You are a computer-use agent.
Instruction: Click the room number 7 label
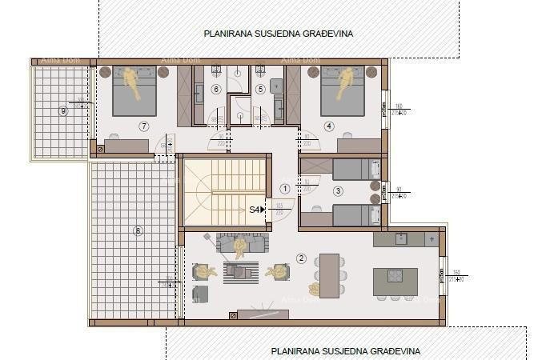pyautogui.click(x=143, y=126)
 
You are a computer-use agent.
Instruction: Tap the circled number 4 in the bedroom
pyautogui.click(x=328, y=126)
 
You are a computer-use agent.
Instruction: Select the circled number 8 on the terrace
pyautogui.click(x=138, y=231)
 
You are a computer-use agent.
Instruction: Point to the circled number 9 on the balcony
pyautogui.click(x=63, y=110)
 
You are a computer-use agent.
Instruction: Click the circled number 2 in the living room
pyautogui.click(x=301, y=258)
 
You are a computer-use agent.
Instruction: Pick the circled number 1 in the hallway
pyautogui.click(x=284, y=189)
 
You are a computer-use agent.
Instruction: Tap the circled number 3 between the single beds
pyautogui.click(x=338, y=191)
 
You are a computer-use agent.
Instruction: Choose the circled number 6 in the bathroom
pyautogui.click(x=216, y=89)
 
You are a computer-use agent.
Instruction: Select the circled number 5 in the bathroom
pyautogui.click(x=260, y=89)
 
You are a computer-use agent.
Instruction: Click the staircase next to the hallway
pyautogui.click(x=224, y=192)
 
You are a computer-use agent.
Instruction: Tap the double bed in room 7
pyautogui.click(x=134, y=91)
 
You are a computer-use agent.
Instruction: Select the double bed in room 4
pyautogui.click(x=343, y=91)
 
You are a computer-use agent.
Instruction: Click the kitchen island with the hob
pyautogui.click(x=395, y=282)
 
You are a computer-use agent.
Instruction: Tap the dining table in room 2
pyautogui.click(x=329, y=275)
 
